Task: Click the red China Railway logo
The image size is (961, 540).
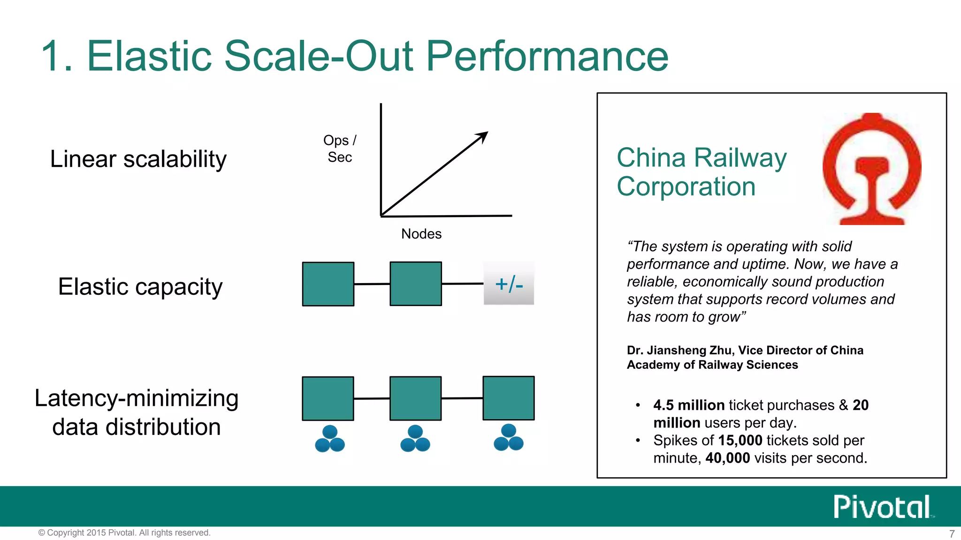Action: (x=872, y=169)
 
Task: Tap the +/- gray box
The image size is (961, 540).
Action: (x=509, y=284)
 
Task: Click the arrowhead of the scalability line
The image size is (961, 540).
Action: (x=483, y=136)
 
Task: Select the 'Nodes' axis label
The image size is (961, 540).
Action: (x=421, y=233)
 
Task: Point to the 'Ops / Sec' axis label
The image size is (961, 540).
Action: (x=340, y=149)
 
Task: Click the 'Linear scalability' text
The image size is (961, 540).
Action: (x=138, y=159)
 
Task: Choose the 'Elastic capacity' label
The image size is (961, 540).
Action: (x=140, y=286)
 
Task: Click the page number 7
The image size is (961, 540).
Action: (x=952, y=534)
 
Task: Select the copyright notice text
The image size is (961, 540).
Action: (x=124, y=532)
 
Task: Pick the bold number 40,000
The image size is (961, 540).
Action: (x=727, y=458)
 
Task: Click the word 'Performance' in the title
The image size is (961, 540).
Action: (x=547, y=56)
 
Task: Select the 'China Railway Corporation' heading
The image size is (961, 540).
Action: (x=701, y=172)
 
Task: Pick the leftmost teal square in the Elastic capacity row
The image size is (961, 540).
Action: (x=328, y=284)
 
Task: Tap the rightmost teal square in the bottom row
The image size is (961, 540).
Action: (x=509, y=398)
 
